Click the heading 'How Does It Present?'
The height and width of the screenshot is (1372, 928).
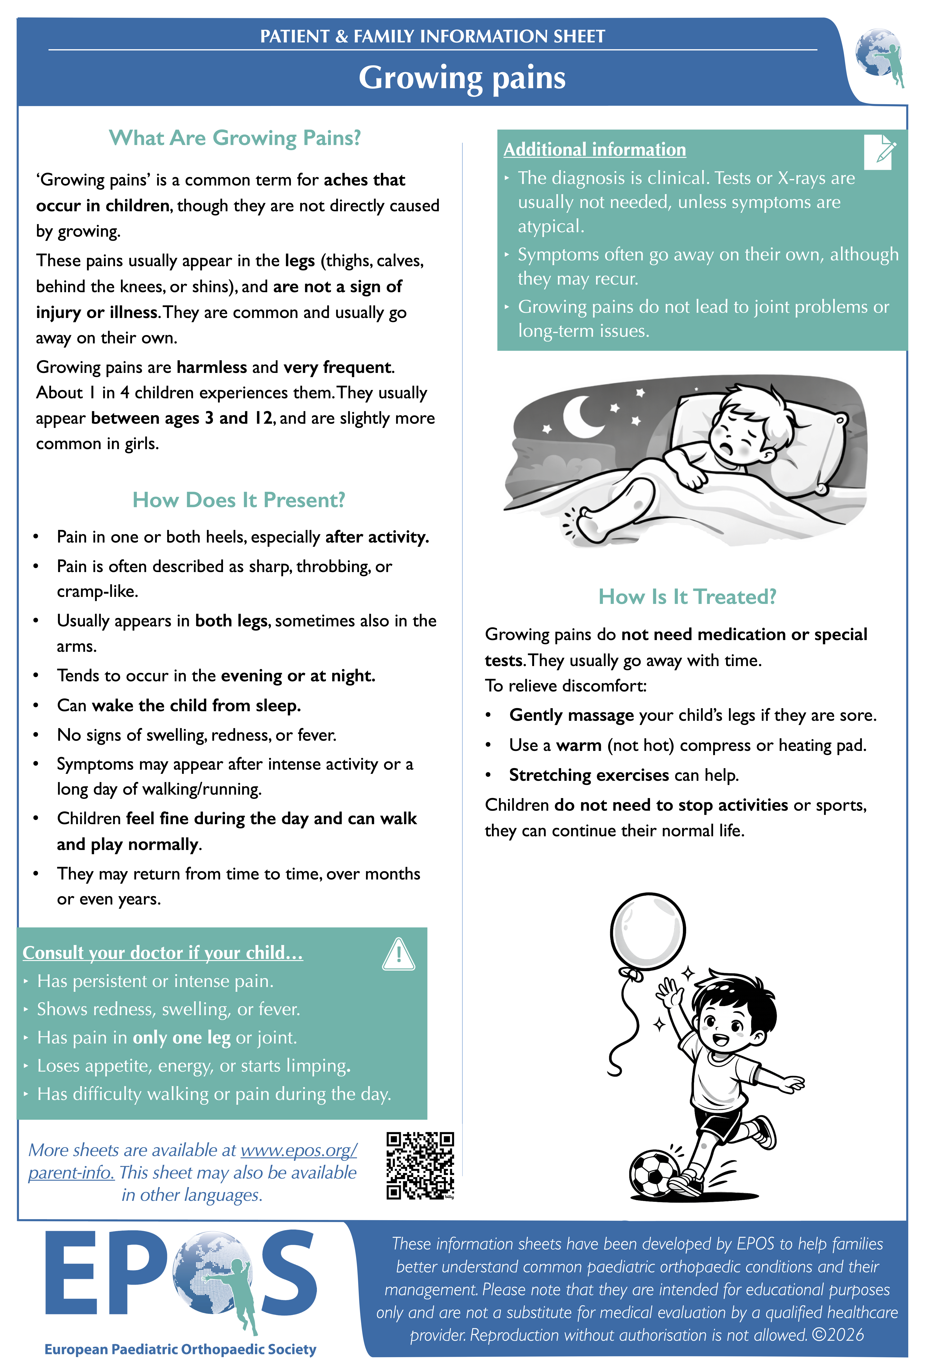point(239,500)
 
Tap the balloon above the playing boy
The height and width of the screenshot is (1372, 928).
point(648,931)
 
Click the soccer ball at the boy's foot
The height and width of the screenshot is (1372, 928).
point(654,1174)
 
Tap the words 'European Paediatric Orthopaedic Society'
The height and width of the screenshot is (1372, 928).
point(180,1350)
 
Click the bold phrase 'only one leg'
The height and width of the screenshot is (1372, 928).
point(181,1037)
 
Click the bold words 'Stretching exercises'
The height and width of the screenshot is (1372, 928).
point(589,775)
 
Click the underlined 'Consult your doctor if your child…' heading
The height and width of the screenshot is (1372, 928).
point(162,953)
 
